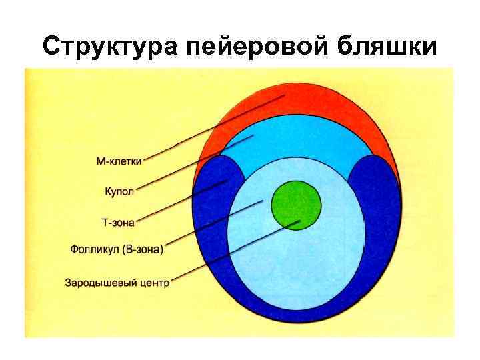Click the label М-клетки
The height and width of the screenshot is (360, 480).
[119, 161]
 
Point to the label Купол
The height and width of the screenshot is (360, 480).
[119, 191]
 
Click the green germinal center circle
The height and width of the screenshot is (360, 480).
[296, 205]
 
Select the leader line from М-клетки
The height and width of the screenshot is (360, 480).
[213, 127]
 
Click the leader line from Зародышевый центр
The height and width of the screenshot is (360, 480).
[233, 252]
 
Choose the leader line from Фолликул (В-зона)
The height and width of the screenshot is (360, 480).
[213, 225]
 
